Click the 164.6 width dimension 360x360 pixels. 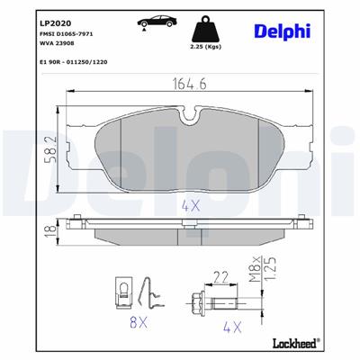coord(189,87)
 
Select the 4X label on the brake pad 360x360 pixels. coord(190,205)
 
